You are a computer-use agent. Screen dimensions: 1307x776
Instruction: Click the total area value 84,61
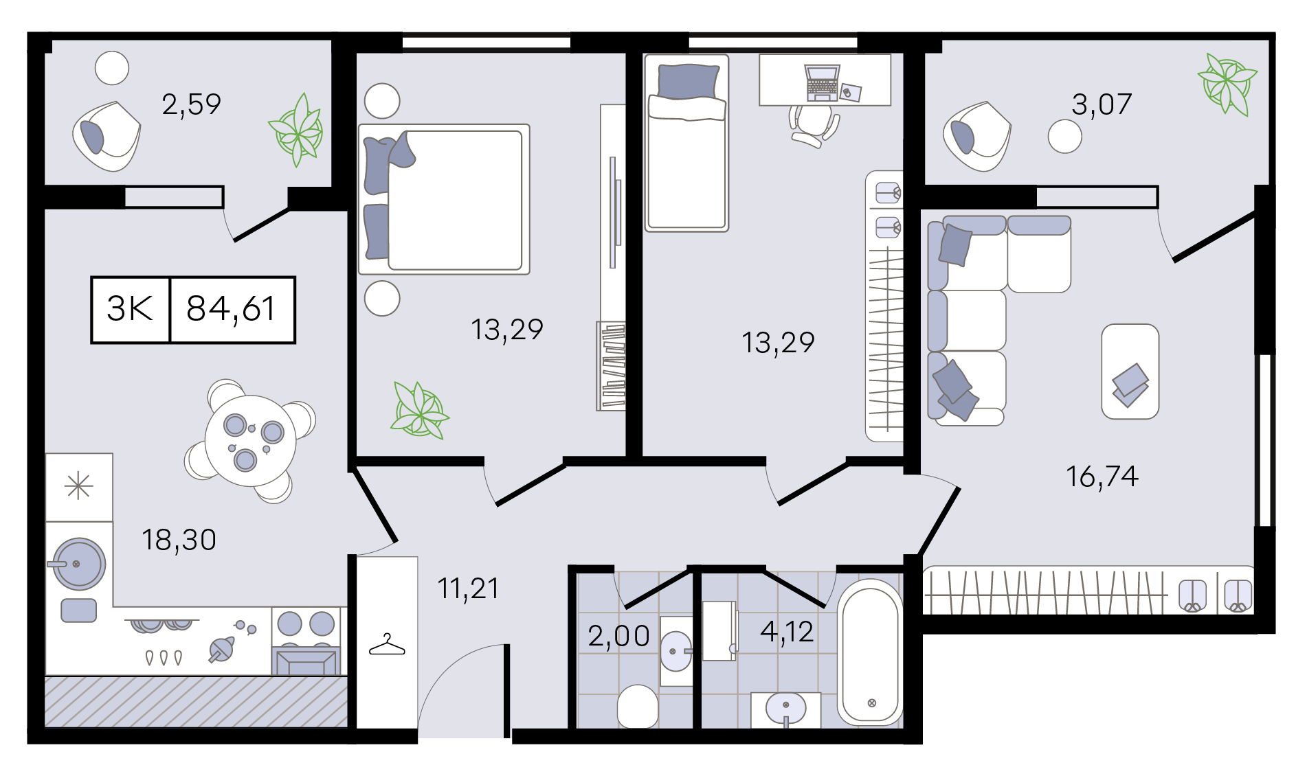(231, 309)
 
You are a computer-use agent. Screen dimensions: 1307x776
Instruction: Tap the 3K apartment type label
(130, 309)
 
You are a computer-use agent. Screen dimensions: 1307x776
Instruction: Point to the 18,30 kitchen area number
(179, 540)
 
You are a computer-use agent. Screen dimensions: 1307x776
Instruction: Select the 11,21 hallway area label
(469, 589)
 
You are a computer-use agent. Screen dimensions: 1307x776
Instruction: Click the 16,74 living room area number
(1102, 477)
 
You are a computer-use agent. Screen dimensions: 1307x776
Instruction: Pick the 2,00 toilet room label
(619, 636)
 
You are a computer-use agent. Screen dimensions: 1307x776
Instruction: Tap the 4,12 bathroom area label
(787, 632)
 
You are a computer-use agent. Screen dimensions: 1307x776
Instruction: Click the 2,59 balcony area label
(191, 104)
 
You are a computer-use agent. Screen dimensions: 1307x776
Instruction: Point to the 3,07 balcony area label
(1102, 104)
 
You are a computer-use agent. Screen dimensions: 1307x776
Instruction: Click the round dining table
(250, 441)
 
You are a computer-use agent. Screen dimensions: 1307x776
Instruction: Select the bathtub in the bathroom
(870, 652)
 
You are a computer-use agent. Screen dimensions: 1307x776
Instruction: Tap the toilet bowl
(638, 706)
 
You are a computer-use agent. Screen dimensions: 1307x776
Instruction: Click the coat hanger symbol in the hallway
(387, 645)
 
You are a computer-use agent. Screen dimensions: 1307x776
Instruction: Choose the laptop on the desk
(823, 83)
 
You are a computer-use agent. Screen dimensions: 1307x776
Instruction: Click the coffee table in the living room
(1130, 372)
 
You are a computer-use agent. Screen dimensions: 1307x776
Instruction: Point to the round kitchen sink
(79, 564)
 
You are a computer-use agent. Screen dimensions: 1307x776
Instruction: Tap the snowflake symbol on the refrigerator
(79, 486)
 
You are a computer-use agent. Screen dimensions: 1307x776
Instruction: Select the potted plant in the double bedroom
(419, 410)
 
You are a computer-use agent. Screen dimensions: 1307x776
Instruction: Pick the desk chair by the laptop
(814, 126)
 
